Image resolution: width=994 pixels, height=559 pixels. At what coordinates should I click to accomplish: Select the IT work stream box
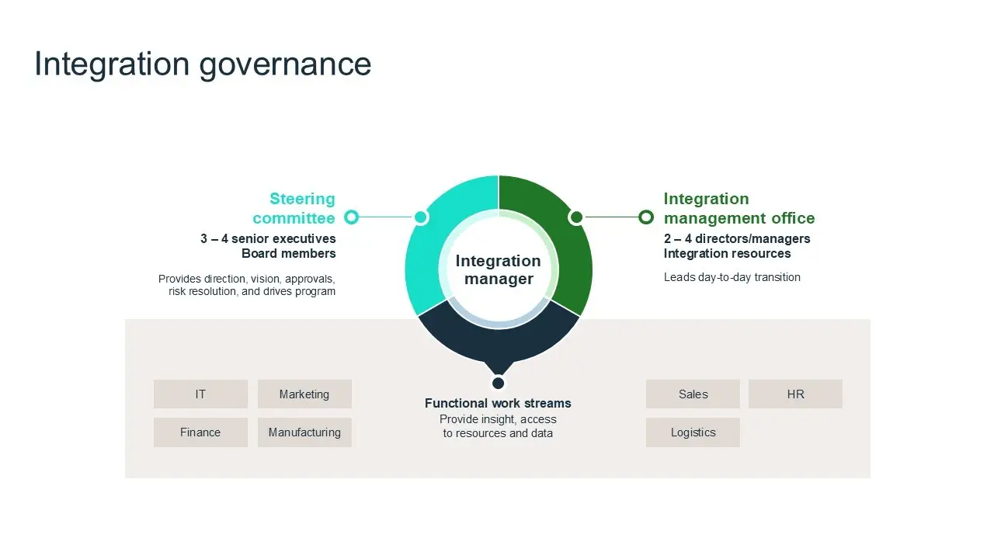200,394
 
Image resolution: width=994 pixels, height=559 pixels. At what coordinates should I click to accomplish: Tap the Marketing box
304,394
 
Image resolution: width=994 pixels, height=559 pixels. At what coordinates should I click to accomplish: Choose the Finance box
200,432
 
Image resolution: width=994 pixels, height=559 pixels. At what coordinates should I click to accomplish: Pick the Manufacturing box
304,432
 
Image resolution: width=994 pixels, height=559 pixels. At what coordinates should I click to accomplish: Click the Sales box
693,394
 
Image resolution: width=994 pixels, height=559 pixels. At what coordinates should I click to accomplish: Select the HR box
795,394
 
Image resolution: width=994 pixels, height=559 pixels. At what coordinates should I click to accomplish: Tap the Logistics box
693,432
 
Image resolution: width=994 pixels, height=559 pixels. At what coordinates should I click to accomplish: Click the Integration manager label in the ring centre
499,269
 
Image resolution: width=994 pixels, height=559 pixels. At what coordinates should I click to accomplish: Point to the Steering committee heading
294,209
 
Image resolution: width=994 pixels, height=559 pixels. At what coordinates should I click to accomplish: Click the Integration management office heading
739,209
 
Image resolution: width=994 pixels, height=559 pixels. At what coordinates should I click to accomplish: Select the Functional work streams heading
498,403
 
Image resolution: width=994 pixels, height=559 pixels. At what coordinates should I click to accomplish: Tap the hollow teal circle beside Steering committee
352,217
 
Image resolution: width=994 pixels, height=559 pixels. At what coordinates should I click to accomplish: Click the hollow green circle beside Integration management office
646,217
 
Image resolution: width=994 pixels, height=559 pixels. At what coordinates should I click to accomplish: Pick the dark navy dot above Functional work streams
499,383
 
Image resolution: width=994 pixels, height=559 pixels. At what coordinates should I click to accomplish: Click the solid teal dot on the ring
421,217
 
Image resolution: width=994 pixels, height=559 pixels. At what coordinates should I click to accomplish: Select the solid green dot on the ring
576,217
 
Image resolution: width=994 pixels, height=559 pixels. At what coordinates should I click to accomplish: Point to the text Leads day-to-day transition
732,277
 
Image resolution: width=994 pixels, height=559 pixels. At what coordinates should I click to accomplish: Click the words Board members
288,254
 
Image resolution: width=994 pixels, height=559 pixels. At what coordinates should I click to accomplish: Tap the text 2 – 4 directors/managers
737,238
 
